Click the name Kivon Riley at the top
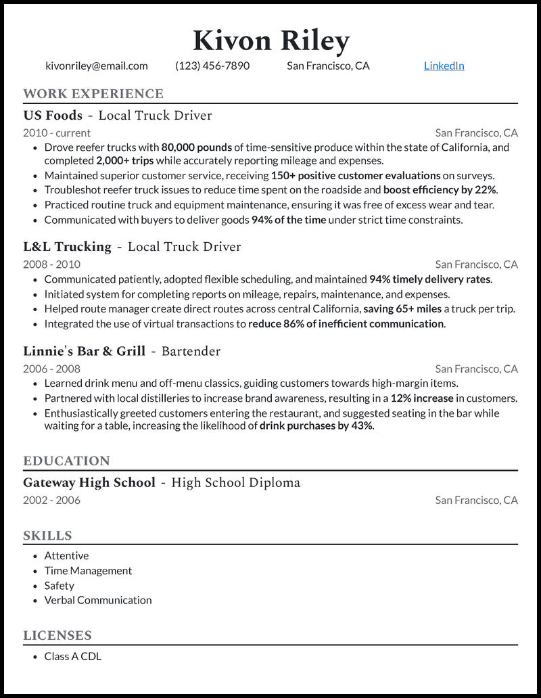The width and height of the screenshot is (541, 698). coord(270,41)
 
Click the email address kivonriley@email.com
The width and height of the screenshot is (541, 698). coord(97,66)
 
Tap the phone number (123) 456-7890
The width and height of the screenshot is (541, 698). coord(212,66)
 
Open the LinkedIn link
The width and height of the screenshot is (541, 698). coord(444,66)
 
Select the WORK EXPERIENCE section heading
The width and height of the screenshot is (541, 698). coord(93,94)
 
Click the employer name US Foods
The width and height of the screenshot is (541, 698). coord(53,116)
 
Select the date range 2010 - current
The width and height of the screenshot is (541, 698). coord(57,133)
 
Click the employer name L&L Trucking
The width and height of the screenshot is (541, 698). coord(67,247)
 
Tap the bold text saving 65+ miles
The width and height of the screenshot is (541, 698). coord(402,309)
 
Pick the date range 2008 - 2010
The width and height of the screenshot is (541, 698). coord(51,264)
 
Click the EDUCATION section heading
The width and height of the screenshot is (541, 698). coord(66,461)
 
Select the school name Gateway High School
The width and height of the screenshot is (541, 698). coord(89,483)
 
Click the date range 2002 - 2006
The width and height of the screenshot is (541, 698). coord(51,501)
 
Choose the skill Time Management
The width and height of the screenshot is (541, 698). coord(88,571)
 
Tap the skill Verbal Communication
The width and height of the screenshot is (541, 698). coord(98,600)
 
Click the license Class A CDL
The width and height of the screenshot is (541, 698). coord(73,656)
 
